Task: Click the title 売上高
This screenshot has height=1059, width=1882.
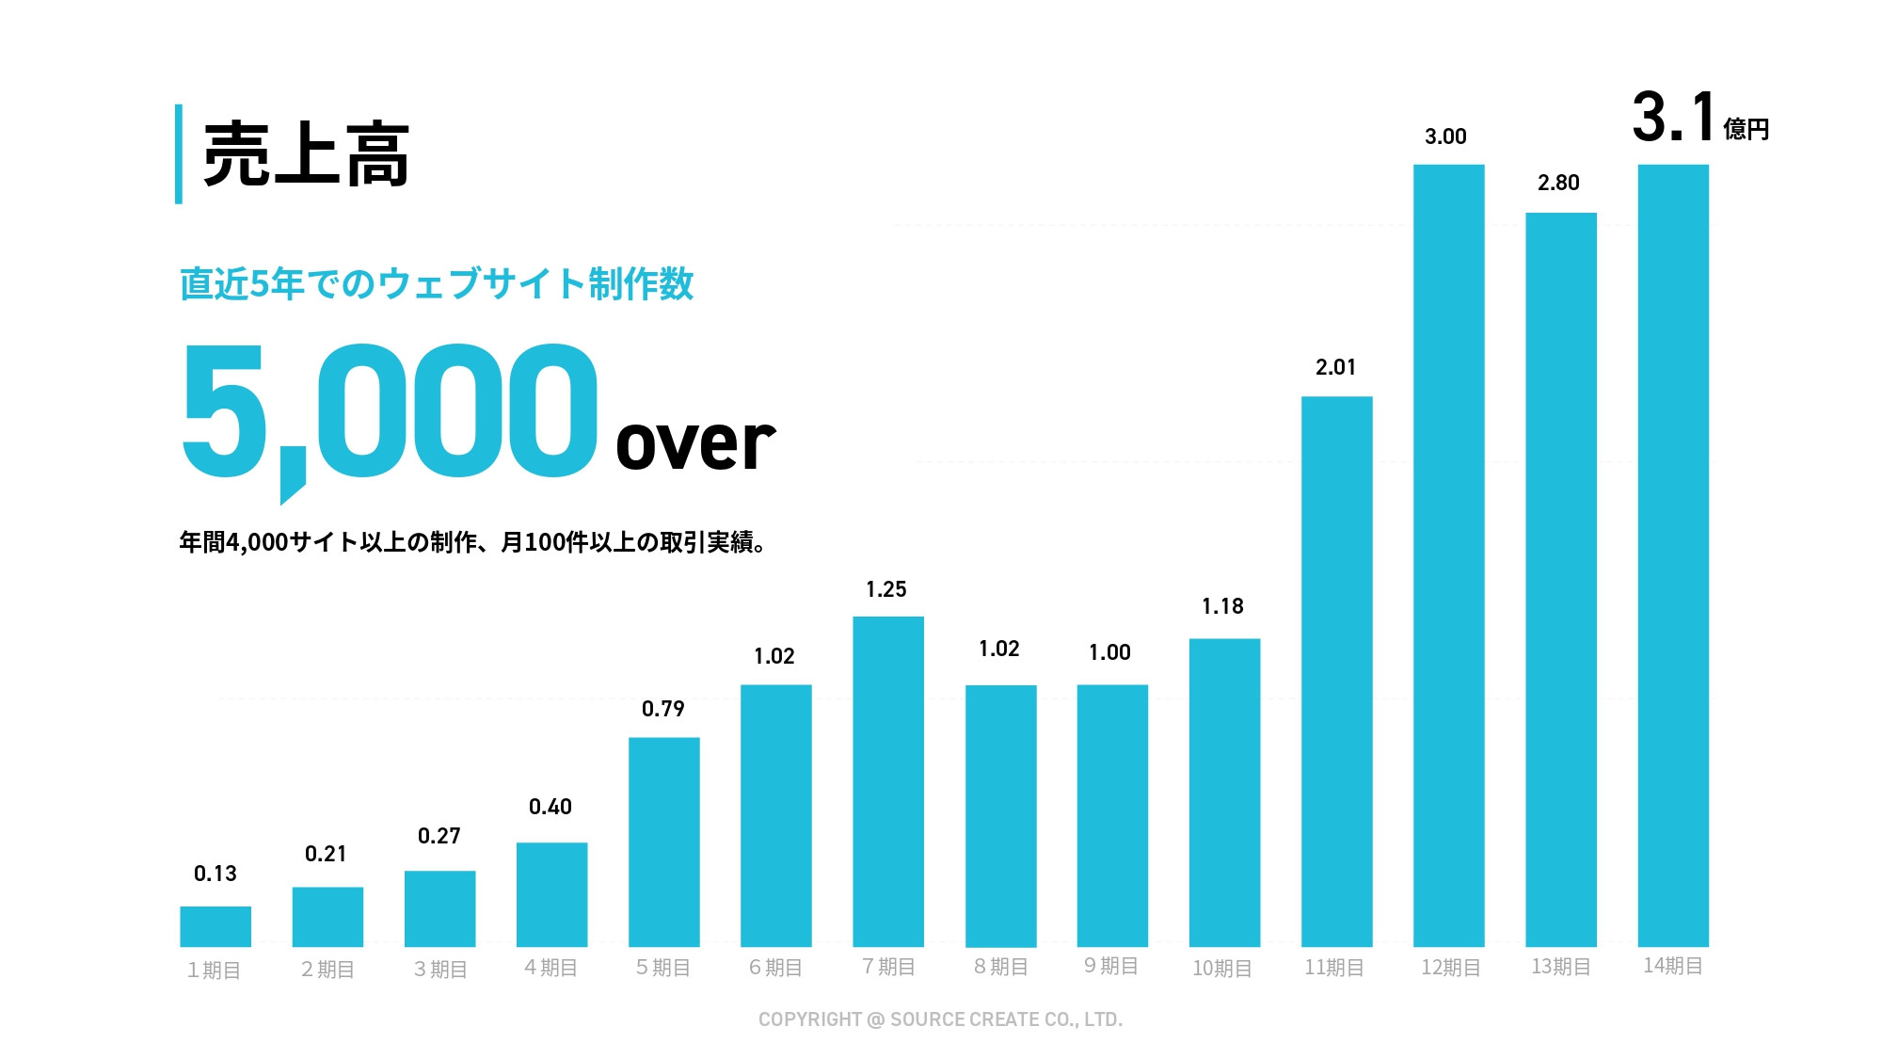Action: coord(306,155)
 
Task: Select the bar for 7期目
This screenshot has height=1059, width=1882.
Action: coord(888,781)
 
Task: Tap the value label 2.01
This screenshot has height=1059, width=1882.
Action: coord(1335,367)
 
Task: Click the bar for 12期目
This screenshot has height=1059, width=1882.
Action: coord(1448,555)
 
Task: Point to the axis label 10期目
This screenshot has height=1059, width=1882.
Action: coord(1221,968)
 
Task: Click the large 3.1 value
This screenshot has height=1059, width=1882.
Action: coord(1673,118)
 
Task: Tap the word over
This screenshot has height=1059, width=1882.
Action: coord(694,442)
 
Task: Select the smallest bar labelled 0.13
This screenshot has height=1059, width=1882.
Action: coord(215,926)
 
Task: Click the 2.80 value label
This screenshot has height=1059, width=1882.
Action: coord(1558,183)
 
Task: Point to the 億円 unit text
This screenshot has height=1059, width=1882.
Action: coord(1746,129)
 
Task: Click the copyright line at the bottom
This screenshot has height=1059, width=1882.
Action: coord(940,1019)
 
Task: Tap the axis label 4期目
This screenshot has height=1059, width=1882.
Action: coord(550,968)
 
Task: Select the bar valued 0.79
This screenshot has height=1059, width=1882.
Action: coord(663,842)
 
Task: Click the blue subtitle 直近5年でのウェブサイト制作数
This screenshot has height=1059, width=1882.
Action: coord(437,283)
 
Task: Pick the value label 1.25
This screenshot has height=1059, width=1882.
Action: coord(885,589)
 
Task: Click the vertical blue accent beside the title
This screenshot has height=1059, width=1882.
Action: coord(179,154)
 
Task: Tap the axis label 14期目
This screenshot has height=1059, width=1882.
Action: coord(1672,966)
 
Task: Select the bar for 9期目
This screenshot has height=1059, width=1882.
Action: coord(1112,815)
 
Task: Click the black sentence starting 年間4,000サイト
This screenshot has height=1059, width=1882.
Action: coord(472,542)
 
